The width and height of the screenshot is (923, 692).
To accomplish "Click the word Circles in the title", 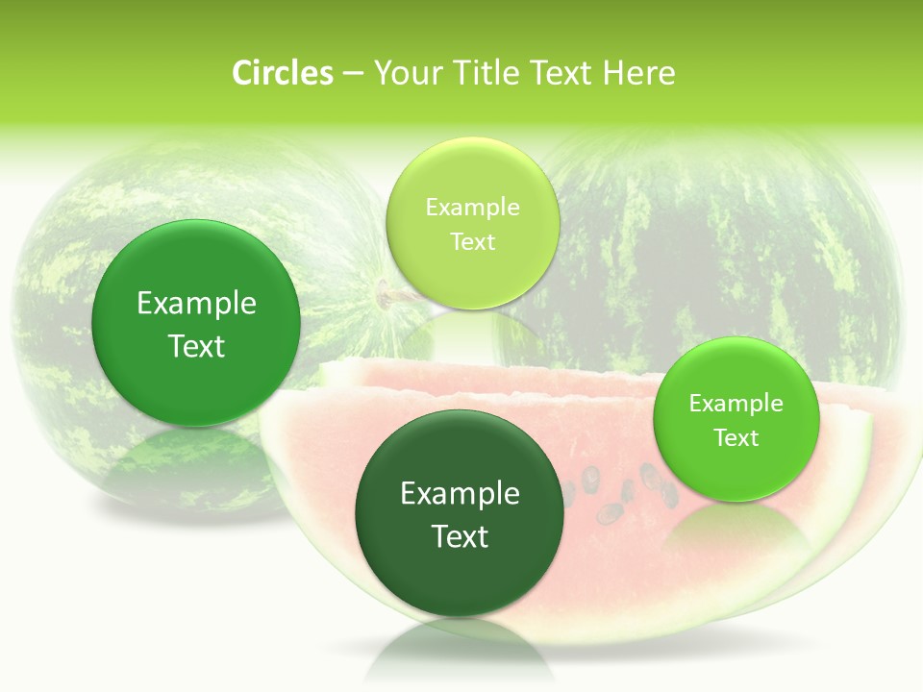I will (x=282, y=73).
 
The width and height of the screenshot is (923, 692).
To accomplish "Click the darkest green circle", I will (x=460, y=513).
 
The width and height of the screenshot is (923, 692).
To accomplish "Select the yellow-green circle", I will (x=472, y=223).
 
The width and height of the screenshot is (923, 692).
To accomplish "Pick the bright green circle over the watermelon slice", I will (x=736, y=419).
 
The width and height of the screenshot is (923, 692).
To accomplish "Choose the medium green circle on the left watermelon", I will (x=196, y=323).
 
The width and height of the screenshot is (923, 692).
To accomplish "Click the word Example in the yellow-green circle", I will (x=472, y=207).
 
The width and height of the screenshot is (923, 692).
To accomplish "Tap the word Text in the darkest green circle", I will (x=460, y=536).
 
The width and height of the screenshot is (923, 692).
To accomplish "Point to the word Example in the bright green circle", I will (x=736, y=403).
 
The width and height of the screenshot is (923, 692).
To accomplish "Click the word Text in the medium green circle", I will (x=196, y=346).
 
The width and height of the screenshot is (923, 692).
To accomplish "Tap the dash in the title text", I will (x=353, y=74).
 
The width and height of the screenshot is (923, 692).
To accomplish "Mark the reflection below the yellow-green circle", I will (x=471, y=336).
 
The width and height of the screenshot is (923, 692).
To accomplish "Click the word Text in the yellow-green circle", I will (x=472, y=241).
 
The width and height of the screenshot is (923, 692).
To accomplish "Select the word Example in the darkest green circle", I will (x=460, y=493).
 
